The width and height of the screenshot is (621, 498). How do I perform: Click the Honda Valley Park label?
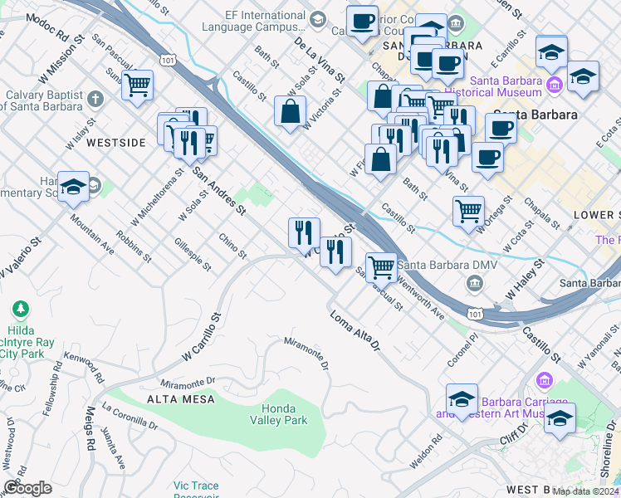point(285,414)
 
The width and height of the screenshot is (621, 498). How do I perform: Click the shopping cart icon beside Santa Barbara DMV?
point(381,266)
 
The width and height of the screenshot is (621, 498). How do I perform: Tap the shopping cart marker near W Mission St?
point(137,84)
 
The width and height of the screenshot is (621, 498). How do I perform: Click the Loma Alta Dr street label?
point(354,330)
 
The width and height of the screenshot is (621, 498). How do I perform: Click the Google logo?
point(27,488)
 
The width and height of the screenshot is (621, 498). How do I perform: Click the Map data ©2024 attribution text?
point(585,491)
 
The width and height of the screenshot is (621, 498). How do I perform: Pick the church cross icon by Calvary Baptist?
point(95,100)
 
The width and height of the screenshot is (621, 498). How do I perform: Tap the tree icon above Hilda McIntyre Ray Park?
point(21,310)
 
